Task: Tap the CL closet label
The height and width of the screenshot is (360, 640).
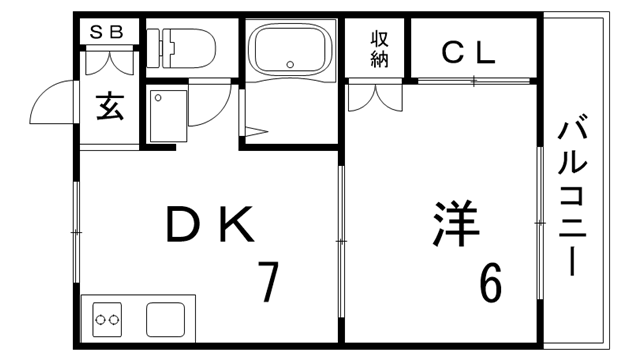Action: click(468, 52)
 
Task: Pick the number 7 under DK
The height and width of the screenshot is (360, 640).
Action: click(267, 282)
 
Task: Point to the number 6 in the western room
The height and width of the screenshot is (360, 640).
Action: click(490, 283)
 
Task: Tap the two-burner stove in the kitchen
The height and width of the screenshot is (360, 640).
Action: click(107, 321)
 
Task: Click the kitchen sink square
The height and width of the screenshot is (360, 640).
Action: click(166, 320)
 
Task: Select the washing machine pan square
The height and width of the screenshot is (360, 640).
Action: click(167, 116)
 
